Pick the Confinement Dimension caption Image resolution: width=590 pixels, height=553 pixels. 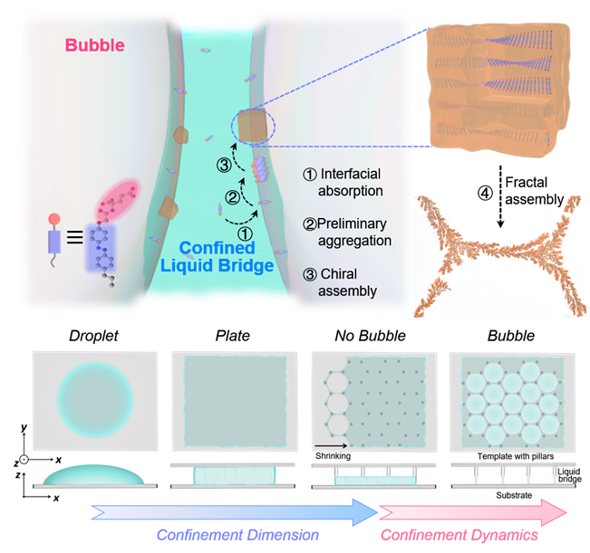pyautogui.click(x=237, y=535)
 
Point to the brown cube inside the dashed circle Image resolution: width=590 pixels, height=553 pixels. pyautogui.click(x=251, y=123)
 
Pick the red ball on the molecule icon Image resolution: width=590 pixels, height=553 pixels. pyautogui.click(x=54, y=217)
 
